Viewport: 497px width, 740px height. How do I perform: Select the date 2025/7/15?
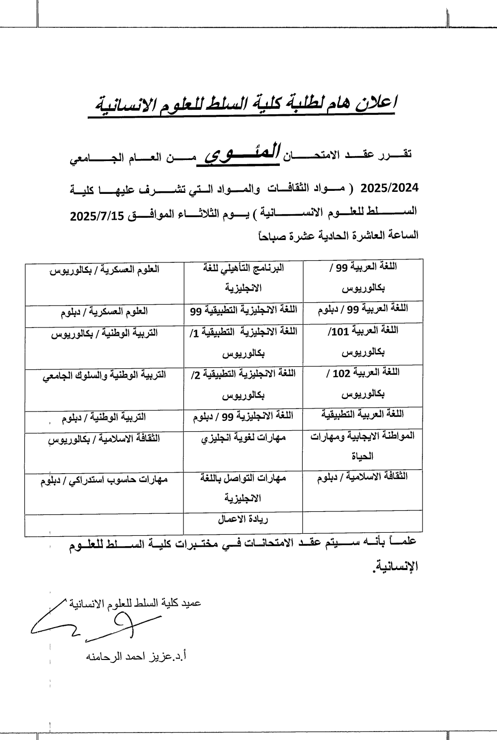point(99,216)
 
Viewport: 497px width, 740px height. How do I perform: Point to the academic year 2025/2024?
point(390,188)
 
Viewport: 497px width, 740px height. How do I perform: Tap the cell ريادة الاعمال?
point(243,519)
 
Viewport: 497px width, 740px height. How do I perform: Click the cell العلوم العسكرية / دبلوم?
point(104,312)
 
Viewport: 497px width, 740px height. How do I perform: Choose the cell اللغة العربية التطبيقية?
point(363,413)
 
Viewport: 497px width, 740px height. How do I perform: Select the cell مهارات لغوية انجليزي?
point(243,438)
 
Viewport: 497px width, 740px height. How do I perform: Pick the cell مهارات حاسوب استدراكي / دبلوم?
point(104,480)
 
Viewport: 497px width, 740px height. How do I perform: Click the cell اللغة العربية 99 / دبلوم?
point(363,309)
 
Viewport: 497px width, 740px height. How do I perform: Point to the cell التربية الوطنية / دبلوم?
point(104,418)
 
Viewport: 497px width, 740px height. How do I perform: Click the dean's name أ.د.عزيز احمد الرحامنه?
point(136,657)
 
